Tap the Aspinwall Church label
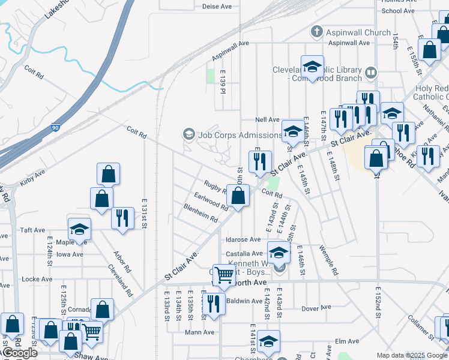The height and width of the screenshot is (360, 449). click(358, 32)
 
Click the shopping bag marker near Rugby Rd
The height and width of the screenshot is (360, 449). click(238, 196)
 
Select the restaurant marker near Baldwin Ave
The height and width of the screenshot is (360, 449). click(214, 303)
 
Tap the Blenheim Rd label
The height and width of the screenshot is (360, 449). click(200, 215)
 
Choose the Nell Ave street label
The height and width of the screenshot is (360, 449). click(268, 119)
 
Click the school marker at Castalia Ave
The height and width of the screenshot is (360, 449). click(279, 253)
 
